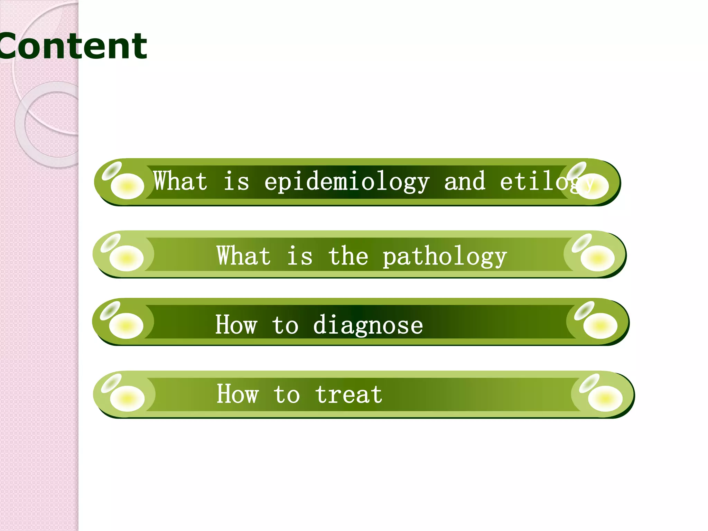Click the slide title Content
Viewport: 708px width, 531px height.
point(73,46)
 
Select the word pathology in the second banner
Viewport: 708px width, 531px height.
point(445,257)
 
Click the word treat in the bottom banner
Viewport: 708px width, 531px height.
point(348,394)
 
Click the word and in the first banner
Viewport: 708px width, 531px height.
point(465,181)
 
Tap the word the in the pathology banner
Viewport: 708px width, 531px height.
point(348,256)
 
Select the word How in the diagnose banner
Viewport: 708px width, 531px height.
point(236,325)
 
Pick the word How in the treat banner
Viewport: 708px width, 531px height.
point(237,394)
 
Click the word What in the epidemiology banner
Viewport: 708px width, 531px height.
point(180,181)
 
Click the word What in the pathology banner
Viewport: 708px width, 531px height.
point(243,256)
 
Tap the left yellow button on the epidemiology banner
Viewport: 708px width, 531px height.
point(127,186)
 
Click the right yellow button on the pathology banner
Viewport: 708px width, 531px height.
point(597,258)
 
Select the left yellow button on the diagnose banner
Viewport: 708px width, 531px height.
point(126,326)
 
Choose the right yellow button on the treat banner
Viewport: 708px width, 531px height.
point(605,399)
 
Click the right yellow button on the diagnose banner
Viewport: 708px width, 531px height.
point(600,326)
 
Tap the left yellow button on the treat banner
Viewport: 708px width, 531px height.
point(127,399)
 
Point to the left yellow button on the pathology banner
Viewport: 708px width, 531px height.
point(126,258)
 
